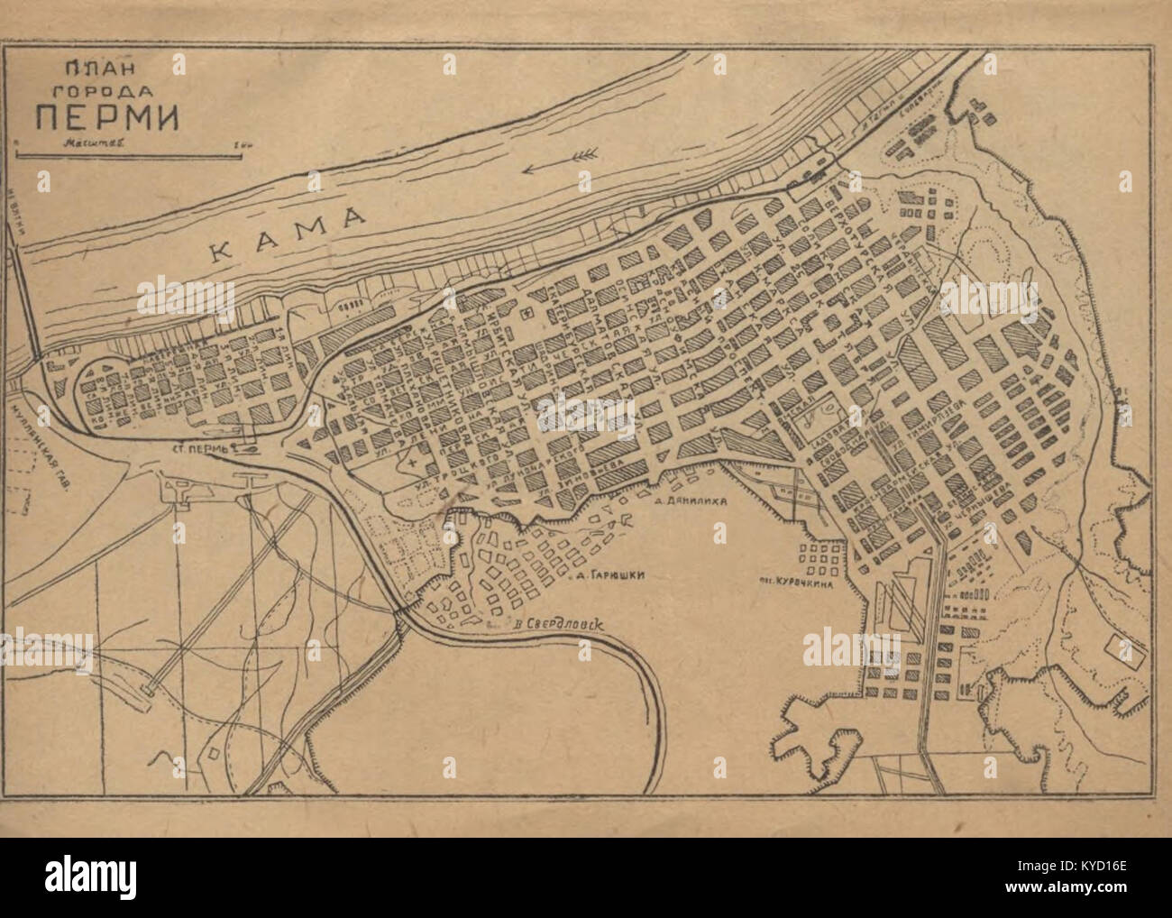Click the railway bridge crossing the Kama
(x=28, y=298)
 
